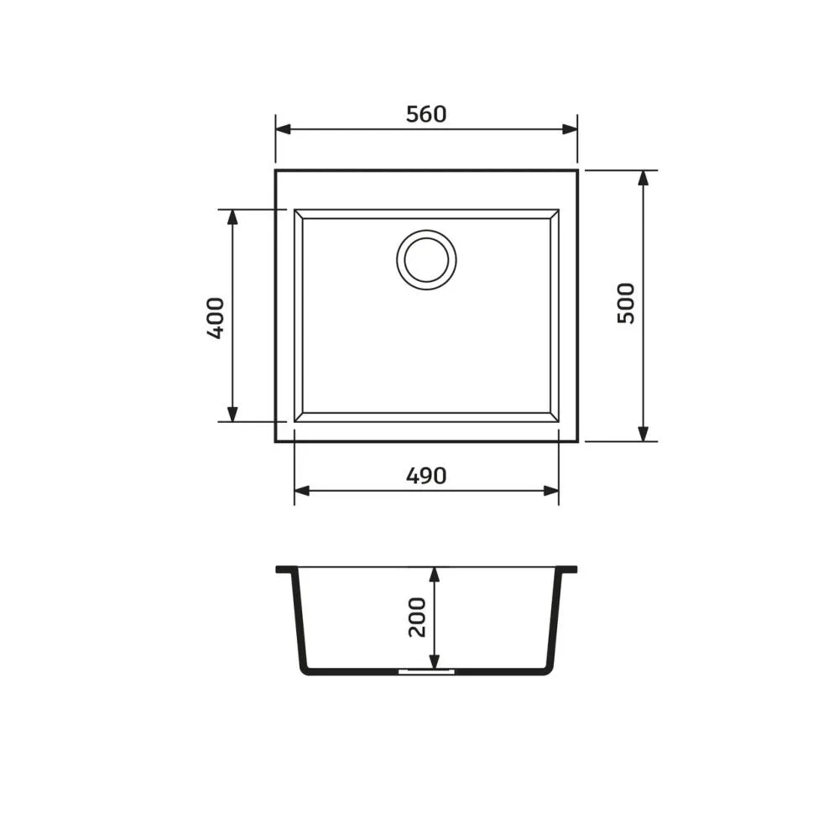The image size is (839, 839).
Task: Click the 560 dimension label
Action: click(426, 114)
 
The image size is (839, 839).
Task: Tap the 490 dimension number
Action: click(426, 476)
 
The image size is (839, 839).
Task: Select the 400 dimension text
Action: click(216, 318)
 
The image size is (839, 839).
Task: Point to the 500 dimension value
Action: click(626, 303)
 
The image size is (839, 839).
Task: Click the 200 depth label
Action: click(417, 617)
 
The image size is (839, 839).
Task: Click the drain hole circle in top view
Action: click(426, 260)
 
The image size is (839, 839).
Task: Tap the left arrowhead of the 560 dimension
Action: click(283, 129)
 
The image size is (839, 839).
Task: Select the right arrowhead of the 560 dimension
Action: click(570, 129)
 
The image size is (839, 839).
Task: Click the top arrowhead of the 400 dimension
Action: click(232, 216)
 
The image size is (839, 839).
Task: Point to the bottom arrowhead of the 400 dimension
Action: click(232, 414)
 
